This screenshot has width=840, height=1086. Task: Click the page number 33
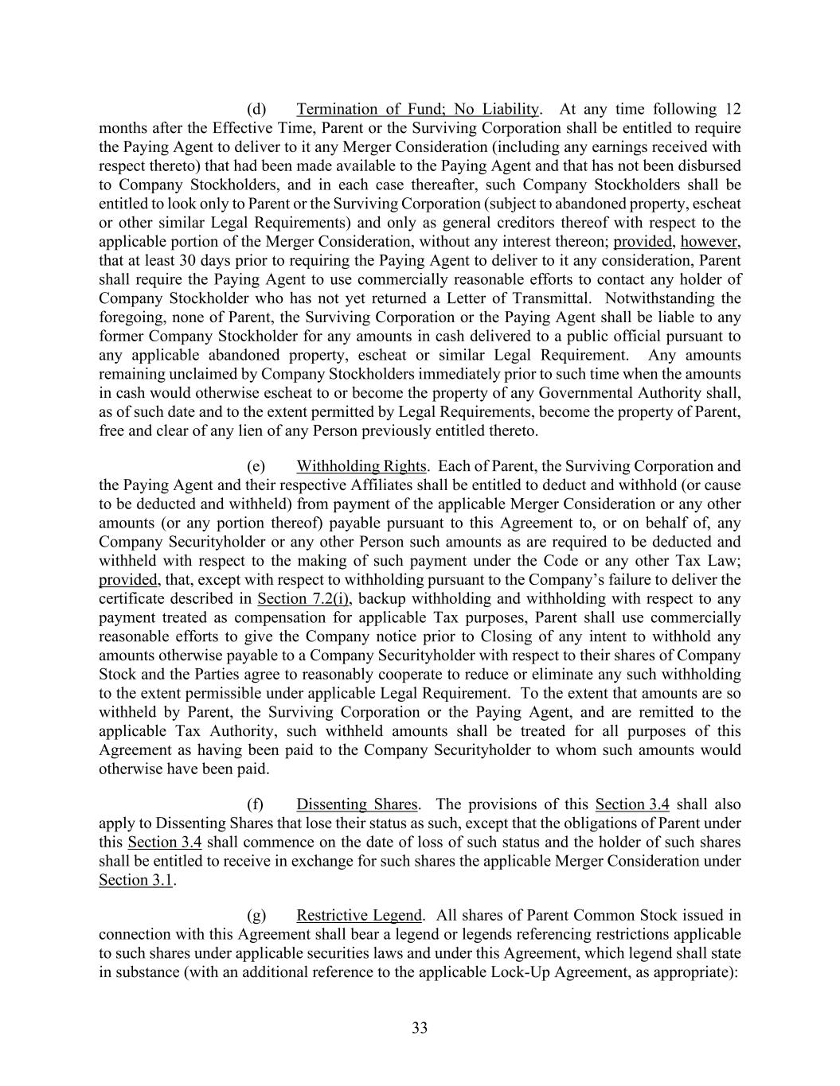420,1028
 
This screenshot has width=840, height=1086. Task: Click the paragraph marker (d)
256,109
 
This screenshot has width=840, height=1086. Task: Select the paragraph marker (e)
256,466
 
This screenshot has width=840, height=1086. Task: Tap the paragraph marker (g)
256,916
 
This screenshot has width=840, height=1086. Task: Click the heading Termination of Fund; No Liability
418,109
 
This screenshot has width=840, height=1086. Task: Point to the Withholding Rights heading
362,466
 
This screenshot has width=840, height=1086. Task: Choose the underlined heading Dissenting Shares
357,804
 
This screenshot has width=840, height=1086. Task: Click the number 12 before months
732,109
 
